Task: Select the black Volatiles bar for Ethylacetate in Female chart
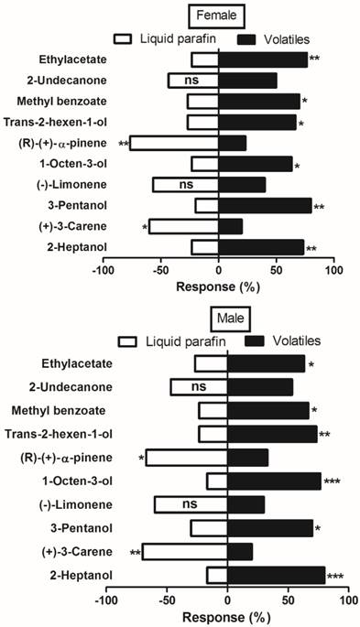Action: (263, 59)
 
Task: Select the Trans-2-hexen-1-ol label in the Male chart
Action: (60, 434)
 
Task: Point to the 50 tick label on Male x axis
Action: (289, 600)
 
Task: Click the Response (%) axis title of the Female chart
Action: (217, 288)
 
